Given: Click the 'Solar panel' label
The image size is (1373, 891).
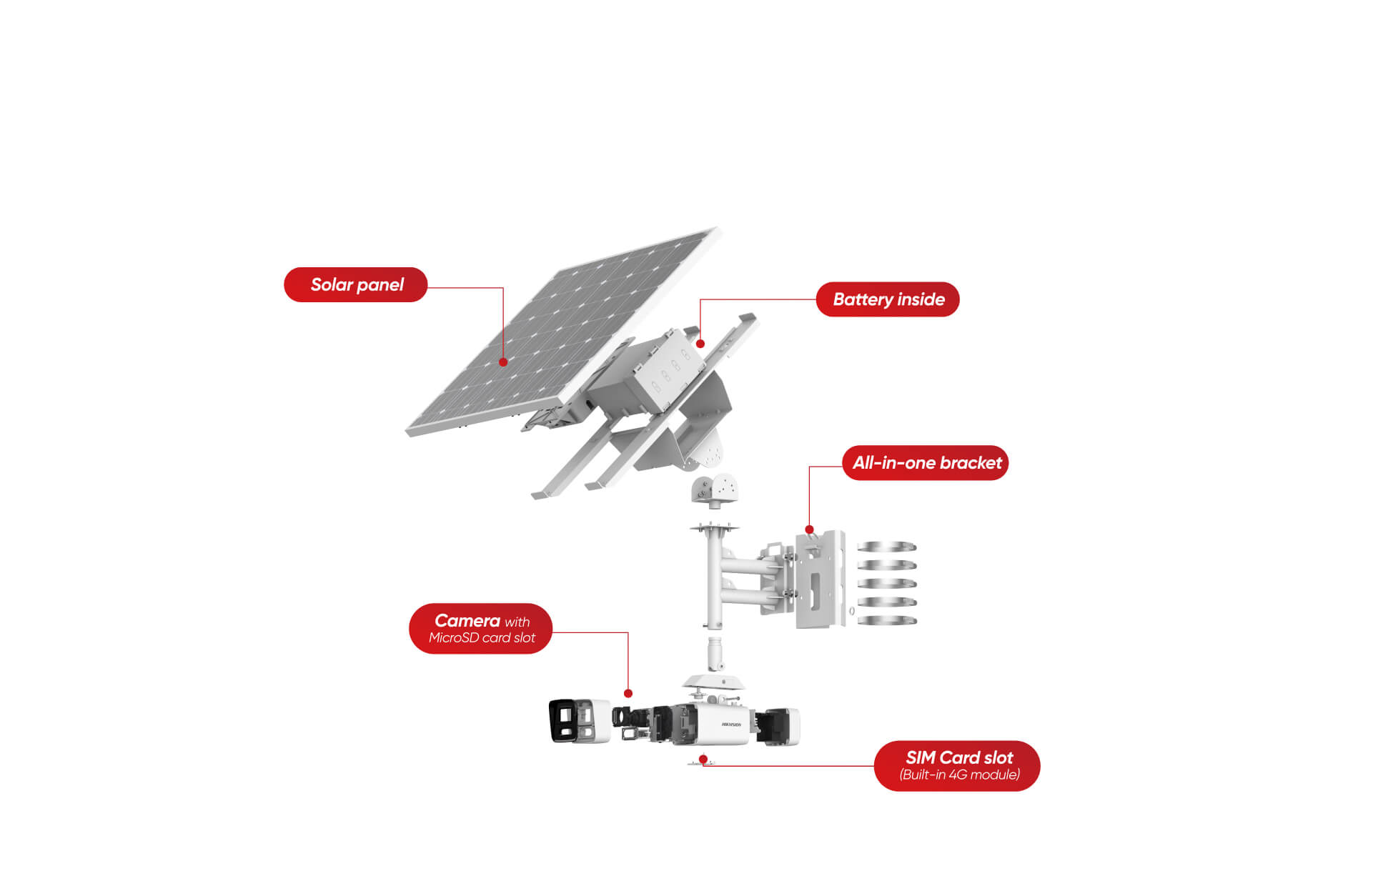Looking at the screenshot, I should pos(356,285).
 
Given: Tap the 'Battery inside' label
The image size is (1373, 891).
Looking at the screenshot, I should pos(888,299).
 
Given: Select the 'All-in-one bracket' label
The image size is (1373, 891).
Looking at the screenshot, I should pos(926,463).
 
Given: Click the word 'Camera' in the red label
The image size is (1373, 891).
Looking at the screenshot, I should pos(467,621).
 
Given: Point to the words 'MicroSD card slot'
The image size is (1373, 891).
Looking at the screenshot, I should pos(482,638).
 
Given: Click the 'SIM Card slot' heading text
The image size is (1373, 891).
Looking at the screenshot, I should pos(959,757).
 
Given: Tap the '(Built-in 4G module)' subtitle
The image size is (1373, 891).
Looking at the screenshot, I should pos(959,775).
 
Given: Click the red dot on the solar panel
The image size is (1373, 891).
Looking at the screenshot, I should pos(503,362).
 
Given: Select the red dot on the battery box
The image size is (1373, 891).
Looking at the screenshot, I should pos(700,344).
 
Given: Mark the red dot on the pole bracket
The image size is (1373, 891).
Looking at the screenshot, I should pos(809,529).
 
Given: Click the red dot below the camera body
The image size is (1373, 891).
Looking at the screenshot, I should pos(703,759).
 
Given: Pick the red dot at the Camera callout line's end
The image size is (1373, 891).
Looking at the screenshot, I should pos(628,693).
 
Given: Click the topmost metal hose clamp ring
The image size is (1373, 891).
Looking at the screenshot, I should pos(886,547).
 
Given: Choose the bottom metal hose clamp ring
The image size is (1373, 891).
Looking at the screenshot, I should pos(886,620).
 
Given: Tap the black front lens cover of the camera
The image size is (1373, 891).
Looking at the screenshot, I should pos(563,720).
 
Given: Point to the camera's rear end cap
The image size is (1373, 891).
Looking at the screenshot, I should pos(779,727).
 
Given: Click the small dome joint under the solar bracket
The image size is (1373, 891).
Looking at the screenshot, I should pos(715,489).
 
